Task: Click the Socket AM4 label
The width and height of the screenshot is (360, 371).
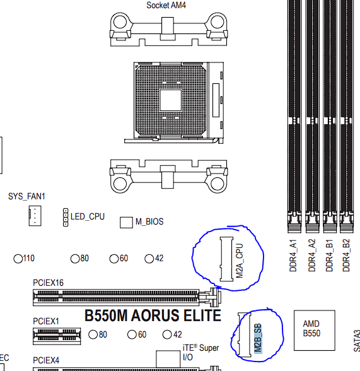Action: [166, 5]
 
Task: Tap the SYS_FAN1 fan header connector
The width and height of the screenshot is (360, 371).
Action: [35, 216]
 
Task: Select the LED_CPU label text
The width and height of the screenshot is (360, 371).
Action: [88, 217]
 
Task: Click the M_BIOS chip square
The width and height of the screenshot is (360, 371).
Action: [126, 222]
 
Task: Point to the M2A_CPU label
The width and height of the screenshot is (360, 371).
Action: [240, 261]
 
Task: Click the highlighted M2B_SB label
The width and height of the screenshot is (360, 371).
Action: [258, 338]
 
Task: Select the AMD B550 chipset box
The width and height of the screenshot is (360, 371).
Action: [315, 330]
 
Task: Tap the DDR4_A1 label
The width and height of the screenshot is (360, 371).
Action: [293, 256]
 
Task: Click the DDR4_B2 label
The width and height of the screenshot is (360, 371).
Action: [346, 256]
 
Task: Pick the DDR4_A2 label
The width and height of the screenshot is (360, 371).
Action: [312, 256]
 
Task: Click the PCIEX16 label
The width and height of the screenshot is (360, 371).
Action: [48, 283]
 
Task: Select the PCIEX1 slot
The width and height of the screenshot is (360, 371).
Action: [57, 336]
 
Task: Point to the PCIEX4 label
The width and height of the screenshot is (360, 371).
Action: [46, 360]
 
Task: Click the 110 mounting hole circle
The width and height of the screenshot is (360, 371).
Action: [18, 259]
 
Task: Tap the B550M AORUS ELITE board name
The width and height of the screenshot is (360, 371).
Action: [153, 315]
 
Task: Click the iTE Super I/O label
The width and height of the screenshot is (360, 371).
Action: [200, 352]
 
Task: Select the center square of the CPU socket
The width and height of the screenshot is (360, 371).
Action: [171, 100]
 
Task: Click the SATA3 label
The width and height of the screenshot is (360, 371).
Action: [357, 341]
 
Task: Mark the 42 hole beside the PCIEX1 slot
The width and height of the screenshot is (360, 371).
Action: [167, 334]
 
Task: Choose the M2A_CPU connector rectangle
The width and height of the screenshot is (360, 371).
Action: [226, 259]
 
